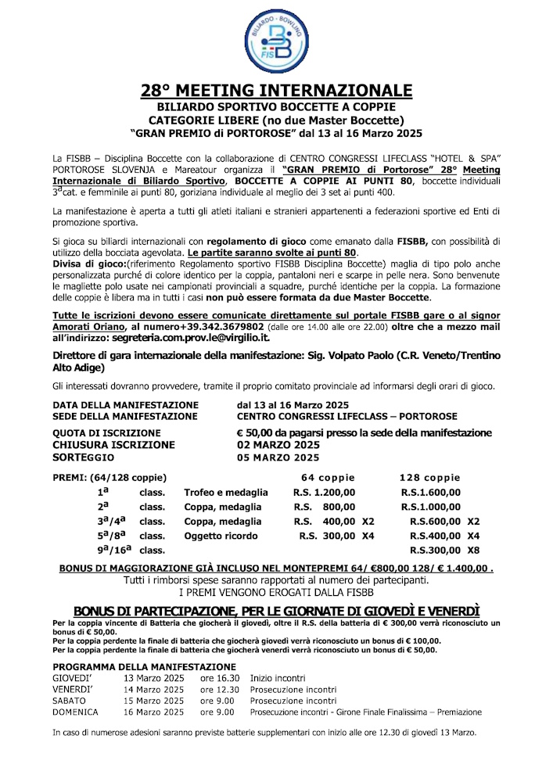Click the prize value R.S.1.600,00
click(430, 493)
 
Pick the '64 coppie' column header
click(328, 478)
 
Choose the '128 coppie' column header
click(429, 478)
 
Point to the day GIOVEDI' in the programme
click(72, 678)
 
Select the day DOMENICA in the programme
click(75, 712)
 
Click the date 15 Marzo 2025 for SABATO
click(153, 701)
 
